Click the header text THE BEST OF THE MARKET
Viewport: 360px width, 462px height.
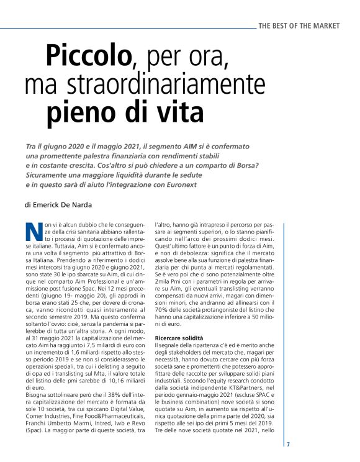tap(299, 25)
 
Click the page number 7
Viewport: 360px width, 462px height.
tap(288, 444)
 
